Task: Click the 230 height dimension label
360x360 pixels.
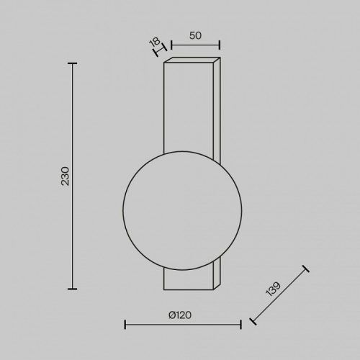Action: click(65, 176)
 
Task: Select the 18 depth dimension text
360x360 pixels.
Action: click(153, 43)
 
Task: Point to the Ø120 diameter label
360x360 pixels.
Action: click(183, 315)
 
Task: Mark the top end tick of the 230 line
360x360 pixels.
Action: click(72, 63)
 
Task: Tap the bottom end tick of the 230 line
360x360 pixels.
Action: click(72, 288)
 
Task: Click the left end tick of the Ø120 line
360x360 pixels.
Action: click(125, 324)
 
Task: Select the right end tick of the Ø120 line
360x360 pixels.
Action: click(240, 324)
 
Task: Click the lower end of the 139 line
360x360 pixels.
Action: click(252, 321)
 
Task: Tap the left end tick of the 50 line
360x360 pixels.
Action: click(172, 45)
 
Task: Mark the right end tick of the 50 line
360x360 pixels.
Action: click(220, 45)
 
